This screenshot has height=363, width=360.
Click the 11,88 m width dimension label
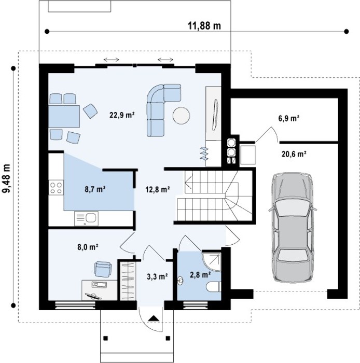coord(204,26)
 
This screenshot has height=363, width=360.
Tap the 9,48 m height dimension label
coord(6,178)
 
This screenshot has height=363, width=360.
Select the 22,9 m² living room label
coord(122,115)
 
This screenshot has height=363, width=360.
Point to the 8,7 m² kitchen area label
coord(95,189)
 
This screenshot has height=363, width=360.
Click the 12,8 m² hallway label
coord(158,189)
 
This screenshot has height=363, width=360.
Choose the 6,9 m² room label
coord(289,118)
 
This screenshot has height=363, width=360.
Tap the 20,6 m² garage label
coord(294,154)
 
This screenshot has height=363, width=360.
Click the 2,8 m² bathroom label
coord(200,275)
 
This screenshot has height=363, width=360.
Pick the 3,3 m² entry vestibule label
coord(157,276)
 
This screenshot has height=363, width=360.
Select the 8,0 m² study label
coord(88,247)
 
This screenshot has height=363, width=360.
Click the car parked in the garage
coord(293,227)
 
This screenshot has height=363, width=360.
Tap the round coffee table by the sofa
coord(181,116)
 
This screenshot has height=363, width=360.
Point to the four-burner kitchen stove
coord(56,188)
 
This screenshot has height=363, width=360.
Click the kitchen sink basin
coord(91,217)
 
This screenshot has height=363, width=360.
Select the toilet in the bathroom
coord(214,287)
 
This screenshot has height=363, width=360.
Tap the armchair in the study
coord(103,269)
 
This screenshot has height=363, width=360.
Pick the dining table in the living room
coord(64,116)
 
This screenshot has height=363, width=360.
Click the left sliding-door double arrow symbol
coord(112,60)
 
